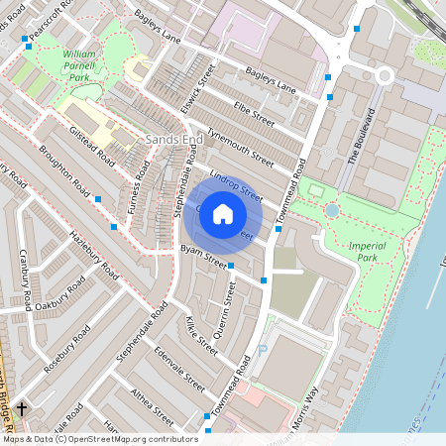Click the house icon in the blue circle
[223, 213]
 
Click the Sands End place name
[173, 140]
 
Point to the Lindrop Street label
[236, 187]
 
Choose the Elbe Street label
[254, 114]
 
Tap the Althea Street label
[152, 406]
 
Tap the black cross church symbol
[20, 407]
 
